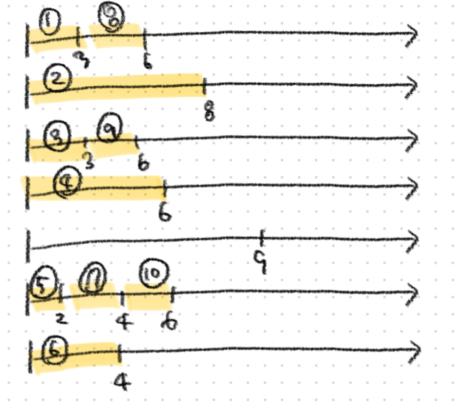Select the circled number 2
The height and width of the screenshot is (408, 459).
tap(58, 79)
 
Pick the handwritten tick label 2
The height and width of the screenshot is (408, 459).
tap(61, 318)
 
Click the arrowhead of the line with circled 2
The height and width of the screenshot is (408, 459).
tap(414, 86)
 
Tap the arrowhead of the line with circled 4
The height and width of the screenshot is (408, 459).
tap(414, 185)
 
